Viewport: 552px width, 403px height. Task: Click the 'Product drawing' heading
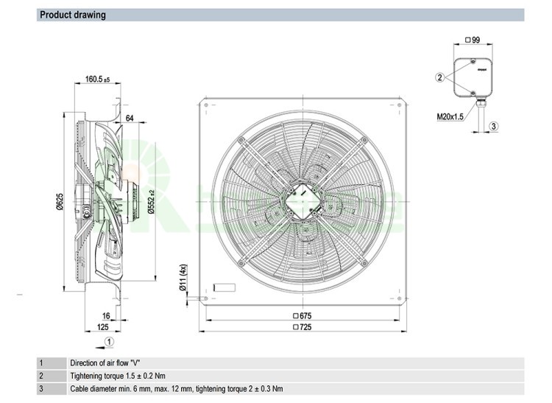pos(73,15)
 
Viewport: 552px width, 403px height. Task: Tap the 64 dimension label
pos(130,118)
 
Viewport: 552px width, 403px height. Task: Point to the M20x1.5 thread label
pos(450,116)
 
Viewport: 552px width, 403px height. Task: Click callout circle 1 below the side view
pos(109,341)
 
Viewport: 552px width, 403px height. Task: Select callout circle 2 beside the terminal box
pos(439,77)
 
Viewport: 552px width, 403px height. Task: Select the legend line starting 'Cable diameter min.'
pos(176,389)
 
